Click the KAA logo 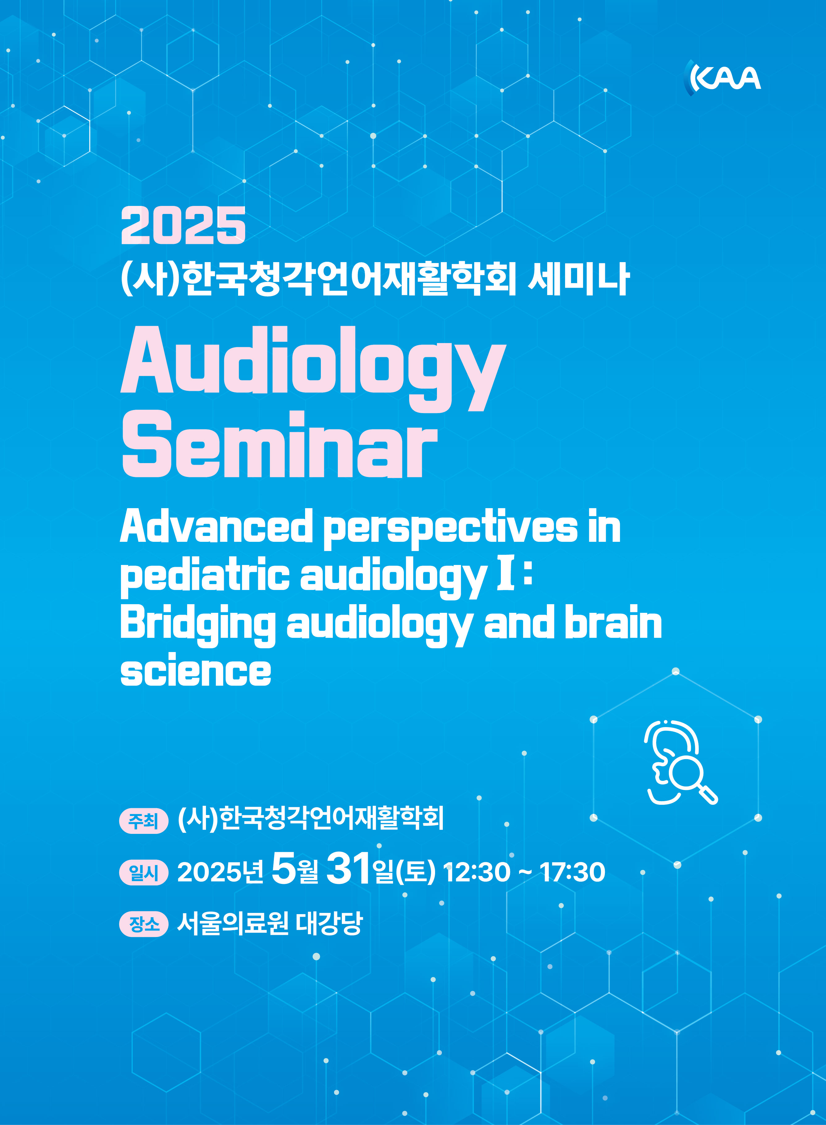click(x=722, y=77)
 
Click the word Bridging click(x=198, y=625)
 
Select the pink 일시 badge click(x=144, y=872)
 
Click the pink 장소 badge click(x=144, y=924)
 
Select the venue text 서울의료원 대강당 click(x=270, y=924)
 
